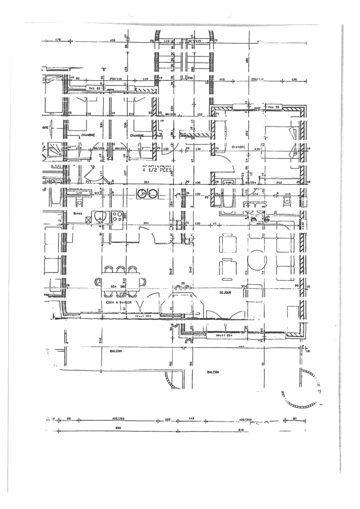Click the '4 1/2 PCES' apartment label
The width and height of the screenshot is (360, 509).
157,169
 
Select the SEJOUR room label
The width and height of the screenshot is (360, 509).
225,293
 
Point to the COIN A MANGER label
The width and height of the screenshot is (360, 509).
119,302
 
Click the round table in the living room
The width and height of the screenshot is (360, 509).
257,260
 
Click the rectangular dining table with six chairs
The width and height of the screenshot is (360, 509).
120,281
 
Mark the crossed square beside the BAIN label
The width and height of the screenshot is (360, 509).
89,220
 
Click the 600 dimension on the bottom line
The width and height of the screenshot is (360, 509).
119,428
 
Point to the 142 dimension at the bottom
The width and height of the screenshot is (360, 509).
191,419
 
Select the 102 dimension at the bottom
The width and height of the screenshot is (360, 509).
168,419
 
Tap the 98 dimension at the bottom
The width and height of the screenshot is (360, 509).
68,419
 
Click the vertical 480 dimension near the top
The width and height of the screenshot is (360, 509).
247,60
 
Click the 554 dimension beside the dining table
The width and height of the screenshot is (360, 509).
113,286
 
